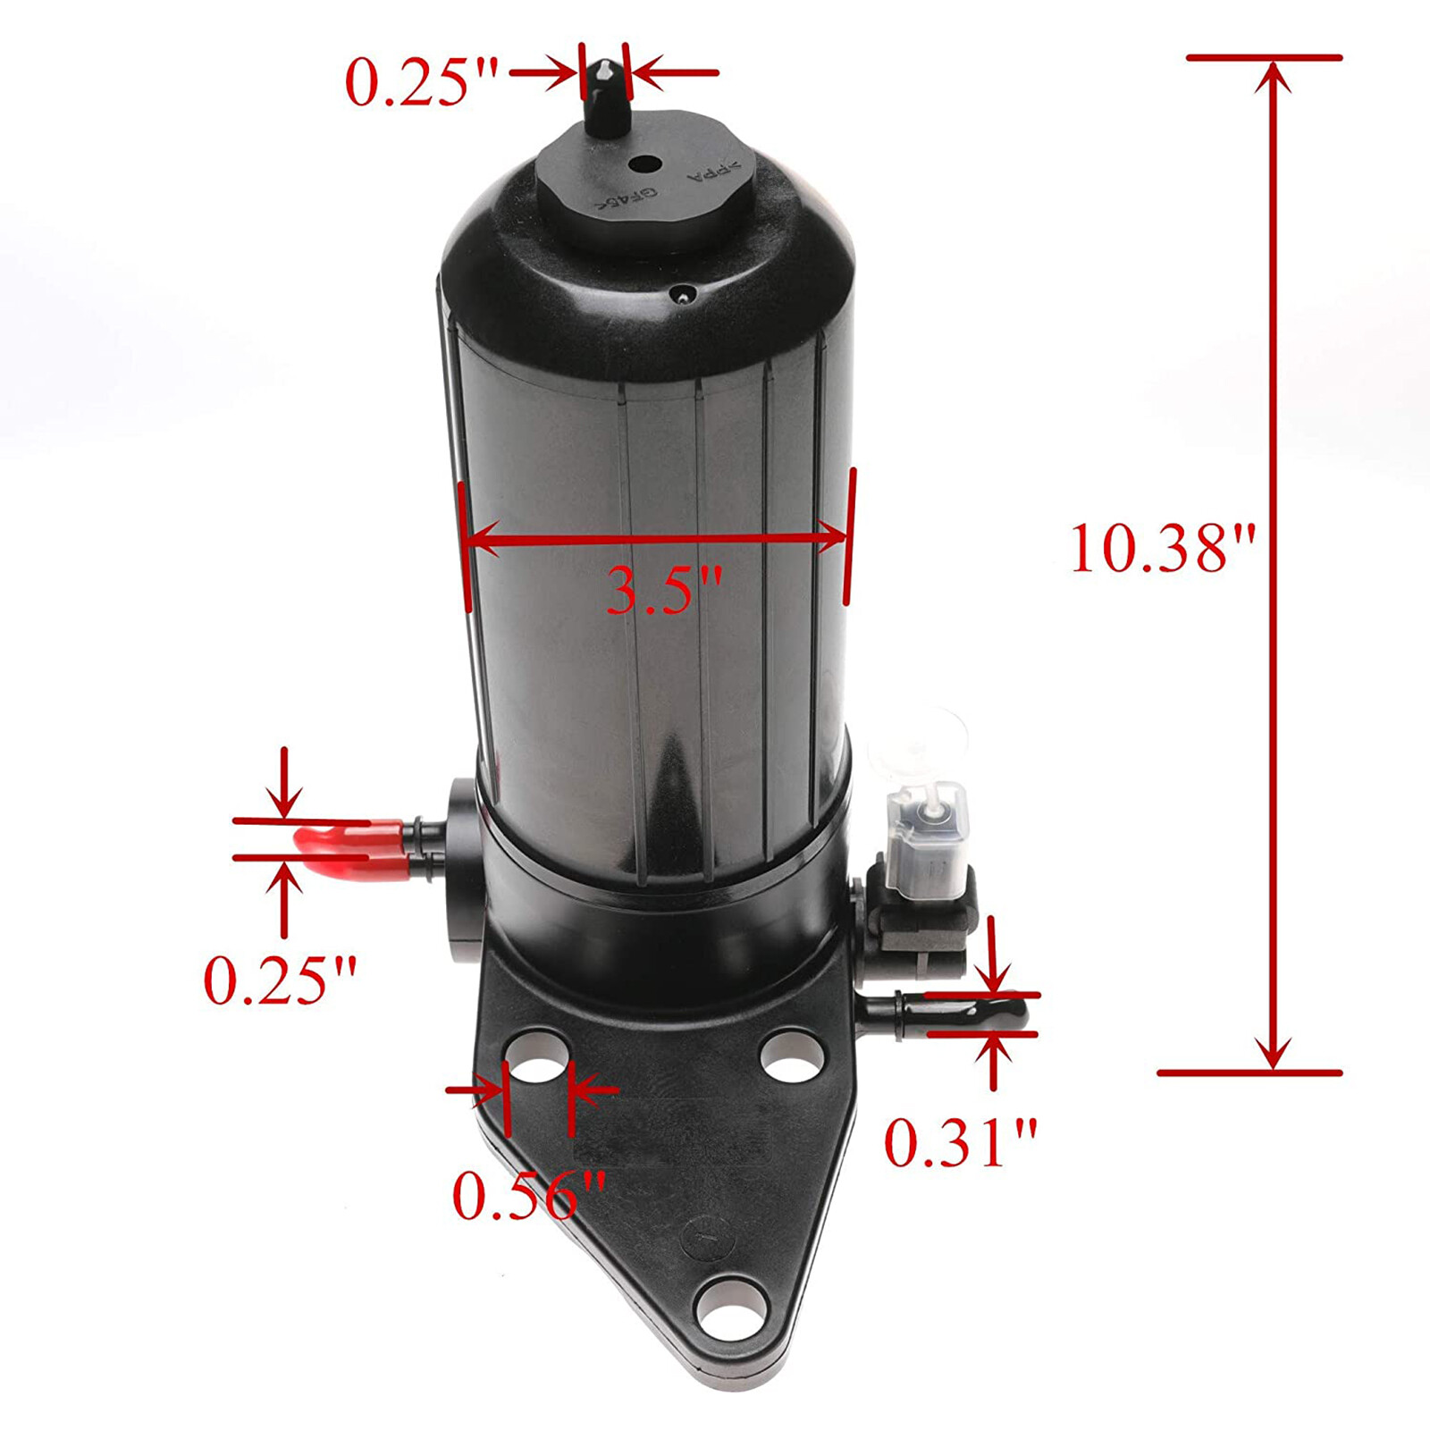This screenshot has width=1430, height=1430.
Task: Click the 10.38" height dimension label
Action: pyautogui.click(x=1162, y=548)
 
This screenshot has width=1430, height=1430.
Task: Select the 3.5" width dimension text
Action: pyautogui.click(x=663, y=590)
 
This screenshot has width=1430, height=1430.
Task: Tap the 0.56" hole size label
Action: pyautogui.click(x=529, y=1196)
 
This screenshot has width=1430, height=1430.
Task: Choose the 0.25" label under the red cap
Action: pyautogui.click(x=281, y=980)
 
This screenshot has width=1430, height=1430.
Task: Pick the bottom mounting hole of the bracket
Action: pyautogui.click(x=726, y=1309)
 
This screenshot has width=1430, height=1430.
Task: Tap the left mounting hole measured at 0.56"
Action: pyautogui.click(x=536, y=1058)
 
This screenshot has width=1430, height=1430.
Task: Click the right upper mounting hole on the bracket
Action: pyautogui.click(x=792, y=1054)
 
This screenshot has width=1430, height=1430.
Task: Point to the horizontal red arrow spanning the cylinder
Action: pyautogui.click(x=657, y=537)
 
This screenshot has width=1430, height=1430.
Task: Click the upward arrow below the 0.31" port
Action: pyautogui.click(x=993, y=1059)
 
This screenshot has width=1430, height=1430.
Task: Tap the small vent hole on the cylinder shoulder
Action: pyautogui.click(x=684, y=294)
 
